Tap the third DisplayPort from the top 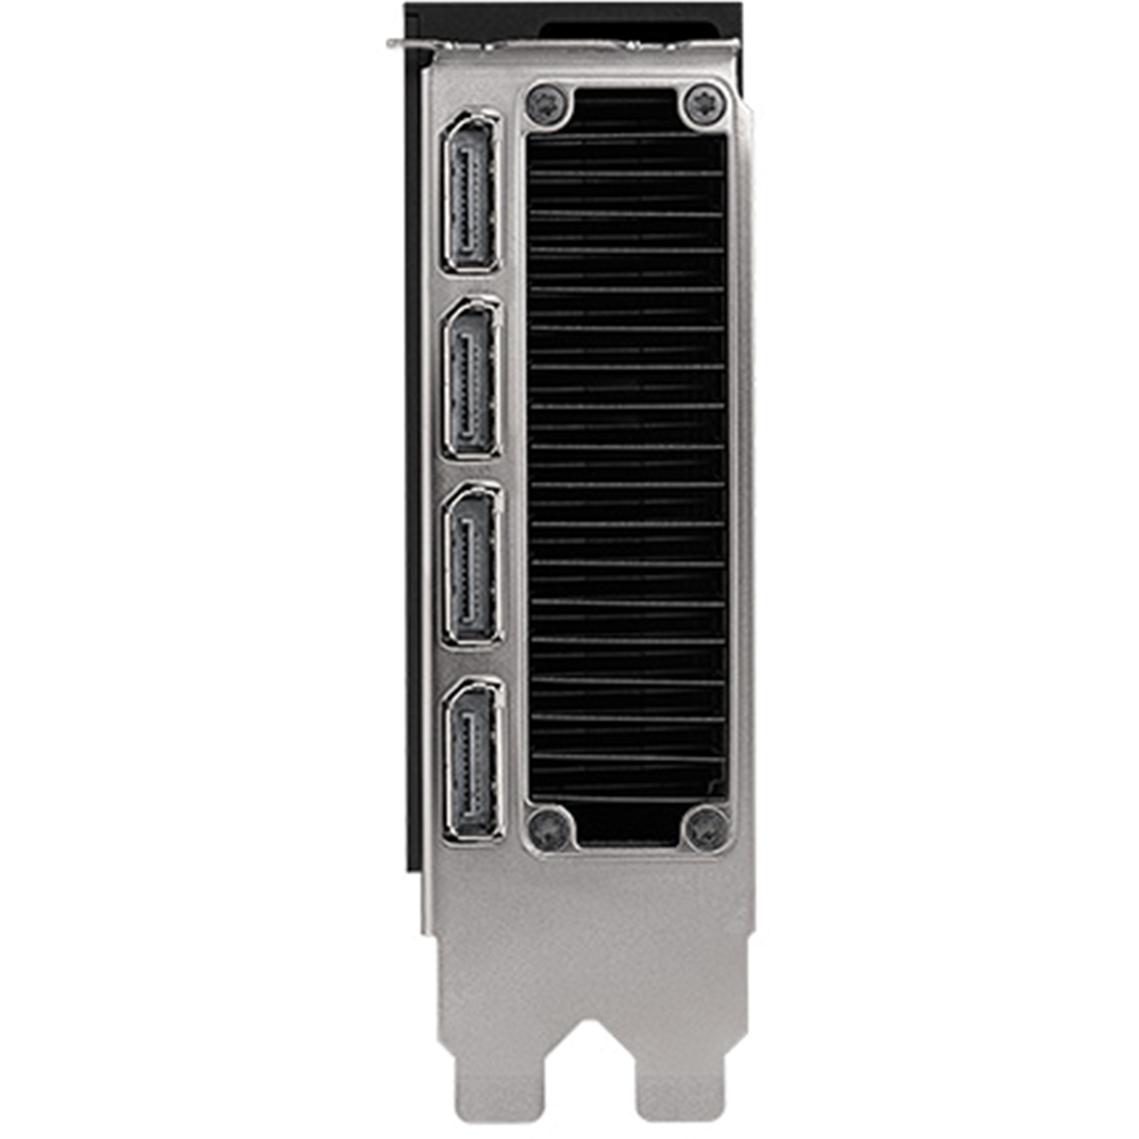[472, 566]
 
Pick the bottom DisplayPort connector [473, 761]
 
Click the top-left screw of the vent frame [547, 105]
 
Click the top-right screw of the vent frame [704, 103]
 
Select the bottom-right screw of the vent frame [705, 829]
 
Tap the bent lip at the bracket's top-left [413, 44]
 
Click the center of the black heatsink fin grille [626, 463]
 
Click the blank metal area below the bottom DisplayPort [498, 897]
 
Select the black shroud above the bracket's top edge [626, 25]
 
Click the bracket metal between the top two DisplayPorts [471, 285]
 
